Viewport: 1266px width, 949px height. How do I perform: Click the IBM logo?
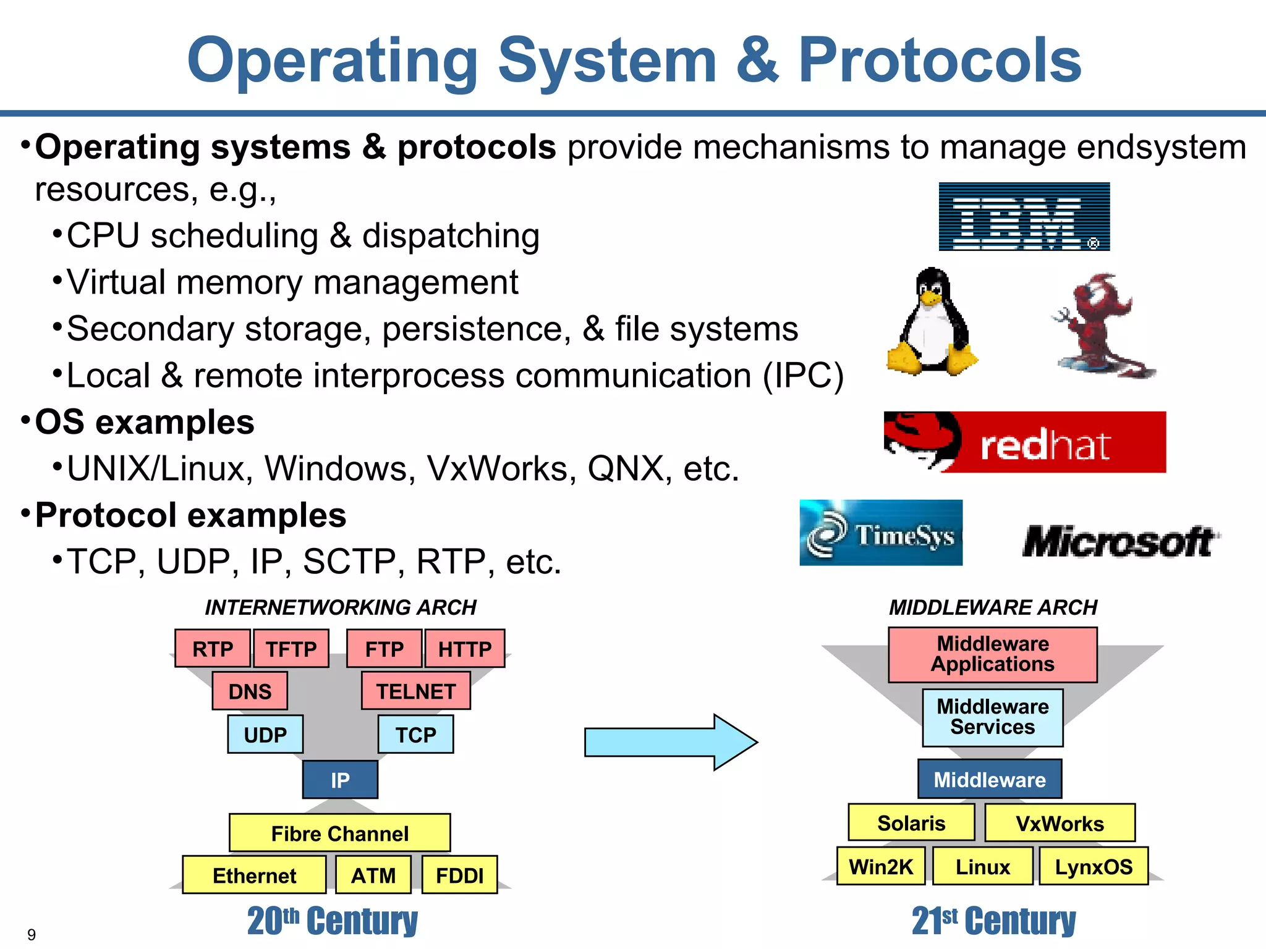(1024, 216)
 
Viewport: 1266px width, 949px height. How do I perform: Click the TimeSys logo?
(880, 533)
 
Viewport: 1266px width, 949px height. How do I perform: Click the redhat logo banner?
(1024, 442)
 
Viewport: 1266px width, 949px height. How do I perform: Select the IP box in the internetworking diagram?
(340, 780)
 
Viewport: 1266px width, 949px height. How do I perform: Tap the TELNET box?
(416, 691)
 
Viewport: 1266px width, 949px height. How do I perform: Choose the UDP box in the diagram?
(265, 734)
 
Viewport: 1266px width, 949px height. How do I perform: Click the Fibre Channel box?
(339, 833)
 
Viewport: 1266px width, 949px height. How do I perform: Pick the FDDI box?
(459, 875)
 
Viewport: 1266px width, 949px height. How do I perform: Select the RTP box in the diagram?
(213, 649)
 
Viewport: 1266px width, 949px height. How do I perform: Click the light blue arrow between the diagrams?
(670, 742)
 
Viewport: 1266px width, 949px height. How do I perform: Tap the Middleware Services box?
(992, 717)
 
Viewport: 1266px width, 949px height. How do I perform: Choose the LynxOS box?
(1093, 866)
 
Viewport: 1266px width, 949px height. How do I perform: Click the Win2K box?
(880, 866)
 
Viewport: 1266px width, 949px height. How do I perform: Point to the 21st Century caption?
(993, 921)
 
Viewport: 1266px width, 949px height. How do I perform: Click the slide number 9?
(32, 934)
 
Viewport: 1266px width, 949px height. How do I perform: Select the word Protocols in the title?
(939, 60)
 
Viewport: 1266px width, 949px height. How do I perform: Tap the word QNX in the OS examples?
(625, 468)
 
